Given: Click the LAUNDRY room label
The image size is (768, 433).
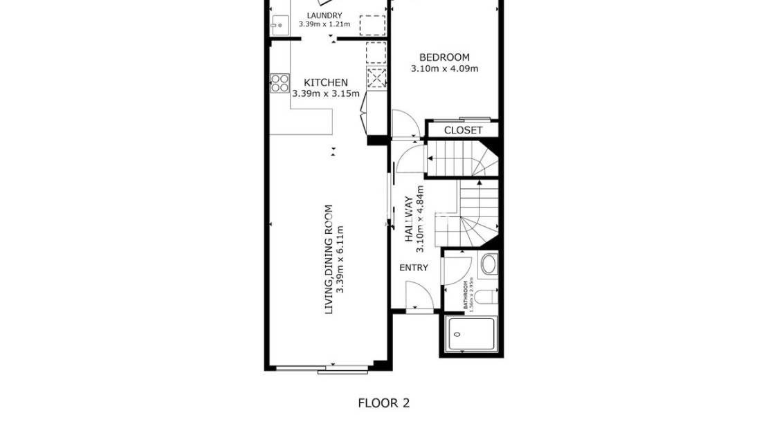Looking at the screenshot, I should pos(324,15).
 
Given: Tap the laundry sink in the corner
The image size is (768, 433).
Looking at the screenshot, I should pos(279,25).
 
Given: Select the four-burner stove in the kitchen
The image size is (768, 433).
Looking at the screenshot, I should pos(280,84).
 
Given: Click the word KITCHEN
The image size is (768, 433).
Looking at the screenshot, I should pos(326,82).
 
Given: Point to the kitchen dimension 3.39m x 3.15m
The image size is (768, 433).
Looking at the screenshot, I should pos(326,93).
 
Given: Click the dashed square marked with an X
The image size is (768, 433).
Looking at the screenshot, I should pos(376,78).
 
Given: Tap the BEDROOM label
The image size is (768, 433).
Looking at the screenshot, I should pos(444,57).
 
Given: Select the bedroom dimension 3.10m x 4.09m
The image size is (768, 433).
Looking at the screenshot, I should pos(444,68).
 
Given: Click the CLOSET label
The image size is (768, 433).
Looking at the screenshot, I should pos(463,130).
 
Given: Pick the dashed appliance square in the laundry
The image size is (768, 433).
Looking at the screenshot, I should pos(372,26).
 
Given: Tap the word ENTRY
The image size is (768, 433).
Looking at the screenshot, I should pos(414,268).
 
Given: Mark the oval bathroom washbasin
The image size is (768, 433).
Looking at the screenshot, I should pos(488,264).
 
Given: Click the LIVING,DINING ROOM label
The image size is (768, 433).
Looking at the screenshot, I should pos(329,259).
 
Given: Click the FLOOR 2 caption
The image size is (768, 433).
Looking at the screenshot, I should pos(383,403).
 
